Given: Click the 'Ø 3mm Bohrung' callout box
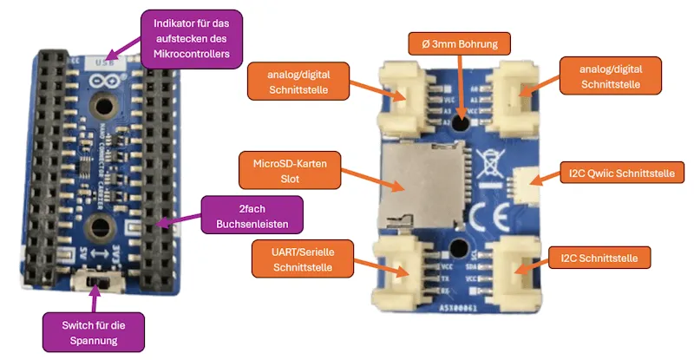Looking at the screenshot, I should click(x=459, y=43).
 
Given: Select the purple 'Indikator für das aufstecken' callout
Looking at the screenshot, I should click(x=191, y=36).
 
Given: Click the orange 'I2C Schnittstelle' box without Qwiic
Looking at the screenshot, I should click(x=599, y=258).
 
